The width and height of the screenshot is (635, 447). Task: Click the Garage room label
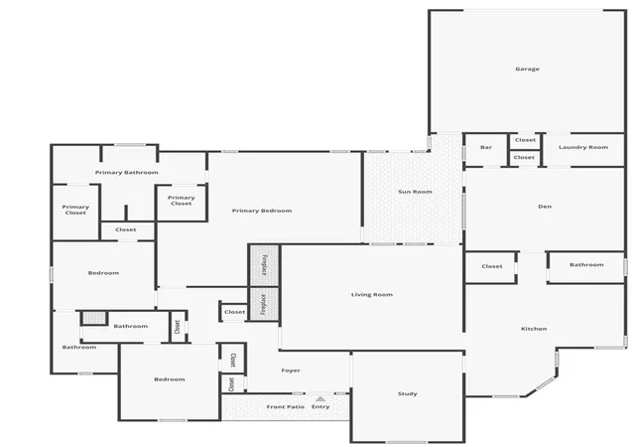coord(527,69)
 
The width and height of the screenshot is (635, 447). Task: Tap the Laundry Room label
coord(583,147)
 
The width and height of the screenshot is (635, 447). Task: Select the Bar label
coord(486,147)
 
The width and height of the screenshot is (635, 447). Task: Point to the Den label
coord(545,207)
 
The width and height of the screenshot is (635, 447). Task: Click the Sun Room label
coord(415,192)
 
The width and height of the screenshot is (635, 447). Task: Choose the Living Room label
coord(372,294)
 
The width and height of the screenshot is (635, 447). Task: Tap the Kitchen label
coord(534,329)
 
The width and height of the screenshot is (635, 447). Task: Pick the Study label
coord(408,393)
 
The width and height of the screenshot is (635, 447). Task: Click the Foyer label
coord(291,371)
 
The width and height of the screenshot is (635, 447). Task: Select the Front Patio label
coord(286,406)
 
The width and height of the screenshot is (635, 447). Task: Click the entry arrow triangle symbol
coord(320,398)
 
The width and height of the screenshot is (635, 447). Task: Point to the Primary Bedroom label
coord(262,211)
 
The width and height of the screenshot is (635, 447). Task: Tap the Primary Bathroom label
coord(127,173)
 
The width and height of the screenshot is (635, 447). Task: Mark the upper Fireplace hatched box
coord(264,265)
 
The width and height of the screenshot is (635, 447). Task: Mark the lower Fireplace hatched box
coord(264,304)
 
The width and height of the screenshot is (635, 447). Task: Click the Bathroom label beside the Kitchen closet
coord(586,264)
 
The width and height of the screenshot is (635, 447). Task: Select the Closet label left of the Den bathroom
coord(492,266)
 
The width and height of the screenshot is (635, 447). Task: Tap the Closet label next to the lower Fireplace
coord(234,312)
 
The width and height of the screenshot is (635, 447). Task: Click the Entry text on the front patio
coord(320,406)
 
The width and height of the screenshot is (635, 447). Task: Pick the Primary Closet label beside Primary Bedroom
coord(181,201)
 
